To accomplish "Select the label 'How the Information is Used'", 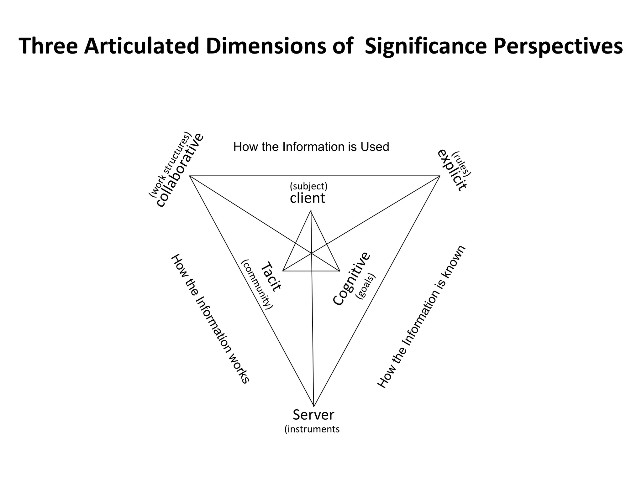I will tap(311, 147).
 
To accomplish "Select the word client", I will tap(308, 198).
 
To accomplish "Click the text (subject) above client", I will tap(308, 186).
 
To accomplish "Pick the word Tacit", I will tap(271, 277).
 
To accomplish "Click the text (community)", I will tap(257, 284).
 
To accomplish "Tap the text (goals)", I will tap(366, 287).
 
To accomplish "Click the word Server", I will tap(313, 415).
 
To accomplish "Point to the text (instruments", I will tap(312, 429).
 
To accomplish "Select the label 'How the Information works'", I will tap(210, 318).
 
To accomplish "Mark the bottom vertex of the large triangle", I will tap(314, 406).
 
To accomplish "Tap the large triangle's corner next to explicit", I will tap(440, 176).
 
